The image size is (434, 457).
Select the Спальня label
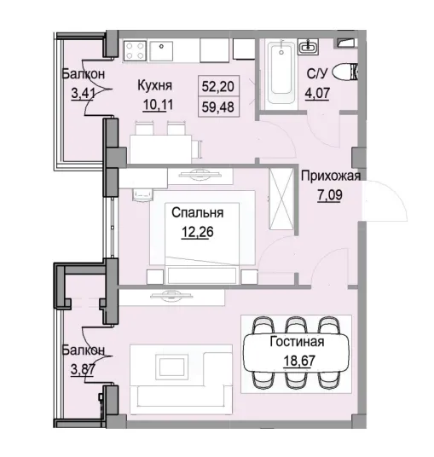pyautogui.click(x=198, y=213)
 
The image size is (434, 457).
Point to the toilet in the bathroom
pyautogui.click(x=348, y=72)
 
